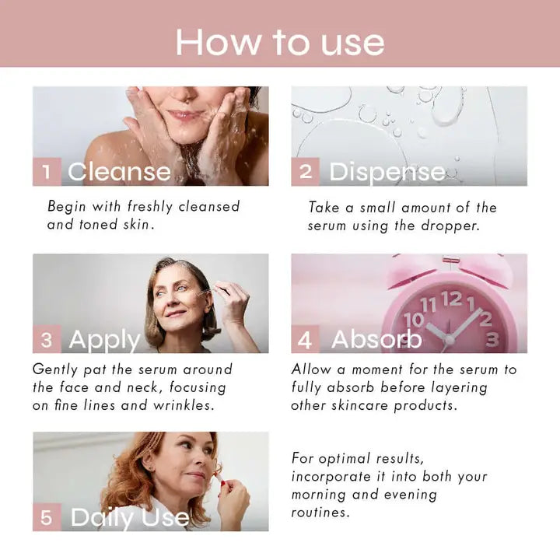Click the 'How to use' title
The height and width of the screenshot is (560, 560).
pyautogui.click(x=280, y=42)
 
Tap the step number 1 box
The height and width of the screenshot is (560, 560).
pyautogui.click(x=47, y=172)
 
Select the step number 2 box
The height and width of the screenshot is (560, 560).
pyautogui.click(x=306, y=172)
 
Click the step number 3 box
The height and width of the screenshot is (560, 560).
pyautogui.click(x=47, y=340)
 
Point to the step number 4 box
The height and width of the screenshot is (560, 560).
pyautogui.click(x=306, y=340)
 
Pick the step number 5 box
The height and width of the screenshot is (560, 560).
pyautogui.click(x=47, y=517)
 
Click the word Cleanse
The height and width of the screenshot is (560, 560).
pyautogui.click(x=119, y=172)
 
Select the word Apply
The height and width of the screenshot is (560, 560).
pyautogui.click(x=104, y=341)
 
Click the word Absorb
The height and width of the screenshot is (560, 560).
pyautogui.click(x=376, y=340)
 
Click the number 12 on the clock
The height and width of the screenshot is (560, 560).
pyautogui.click(x=451, y=299)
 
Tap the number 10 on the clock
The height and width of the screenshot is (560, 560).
pyautogui.click(x=414, y=320)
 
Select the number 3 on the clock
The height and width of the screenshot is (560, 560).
pyautogui.click(x=492, y=339)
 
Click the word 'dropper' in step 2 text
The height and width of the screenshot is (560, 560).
pyautogui.click(x=453, y=226)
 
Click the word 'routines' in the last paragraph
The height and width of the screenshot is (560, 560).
pyautogui.click(x=320, y=513)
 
